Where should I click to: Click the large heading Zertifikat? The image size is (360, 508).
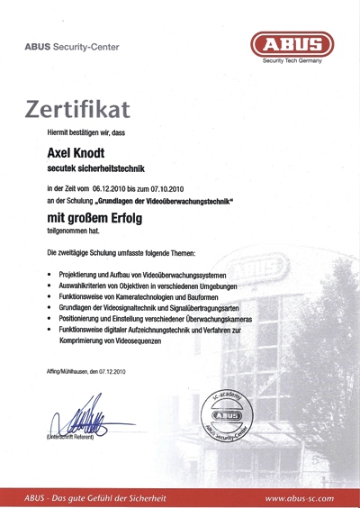[77, 108]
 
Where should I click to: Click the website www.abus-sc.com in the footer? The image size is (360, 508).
[299, 497]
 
